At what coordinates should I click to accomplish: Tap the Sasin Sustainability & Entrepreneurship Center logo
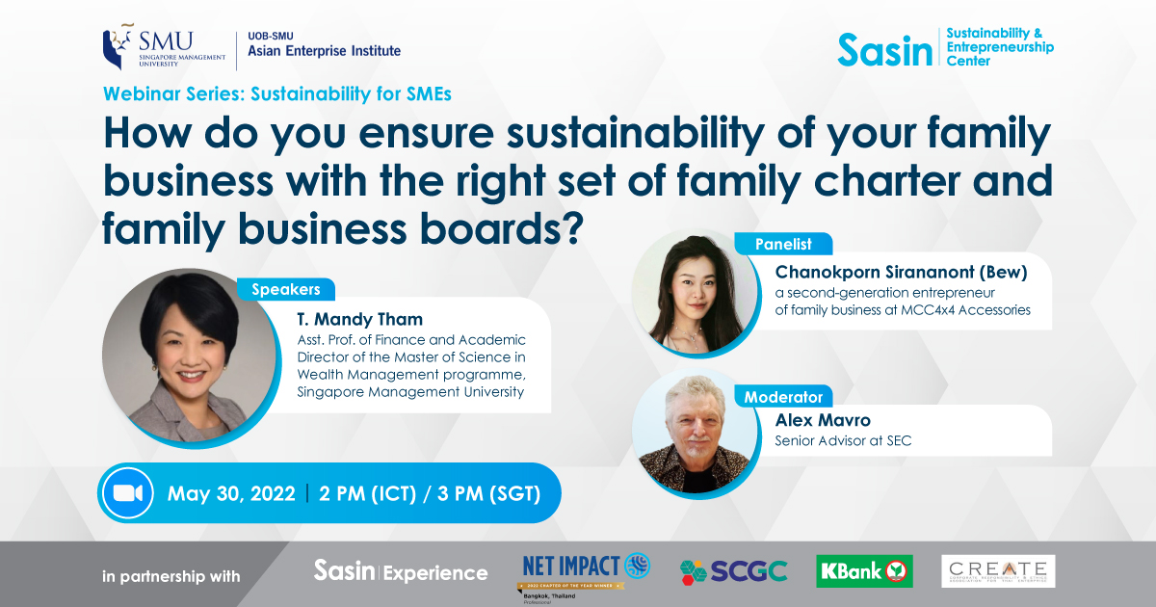tap(945, 47)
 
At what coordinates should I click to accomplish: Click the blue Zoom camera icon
tap(128, 493)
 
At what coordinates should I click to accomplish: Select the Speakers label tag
tap(286, 289)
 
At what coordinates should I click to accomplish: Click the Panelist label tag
tap(783, 245)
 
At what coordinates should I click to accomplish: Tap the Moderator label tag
tap(783, 396)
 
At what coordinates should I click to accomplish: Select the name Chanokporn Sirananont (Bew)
tap(901, 272)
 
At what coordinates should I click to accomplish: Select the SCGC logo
tap(733, 571)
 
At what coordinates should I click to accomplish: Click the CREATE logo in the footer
tap(998, 570)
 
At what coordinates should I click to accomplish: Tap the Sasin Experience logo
tap(401, 571)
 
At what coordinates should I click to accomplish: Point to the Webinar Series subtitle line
tap(276, 94)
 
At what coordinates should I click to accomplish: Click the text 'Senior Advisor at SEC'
tap(843, 441)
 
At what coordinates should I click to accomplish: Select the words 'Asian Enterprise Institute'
tap(324, 51)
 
